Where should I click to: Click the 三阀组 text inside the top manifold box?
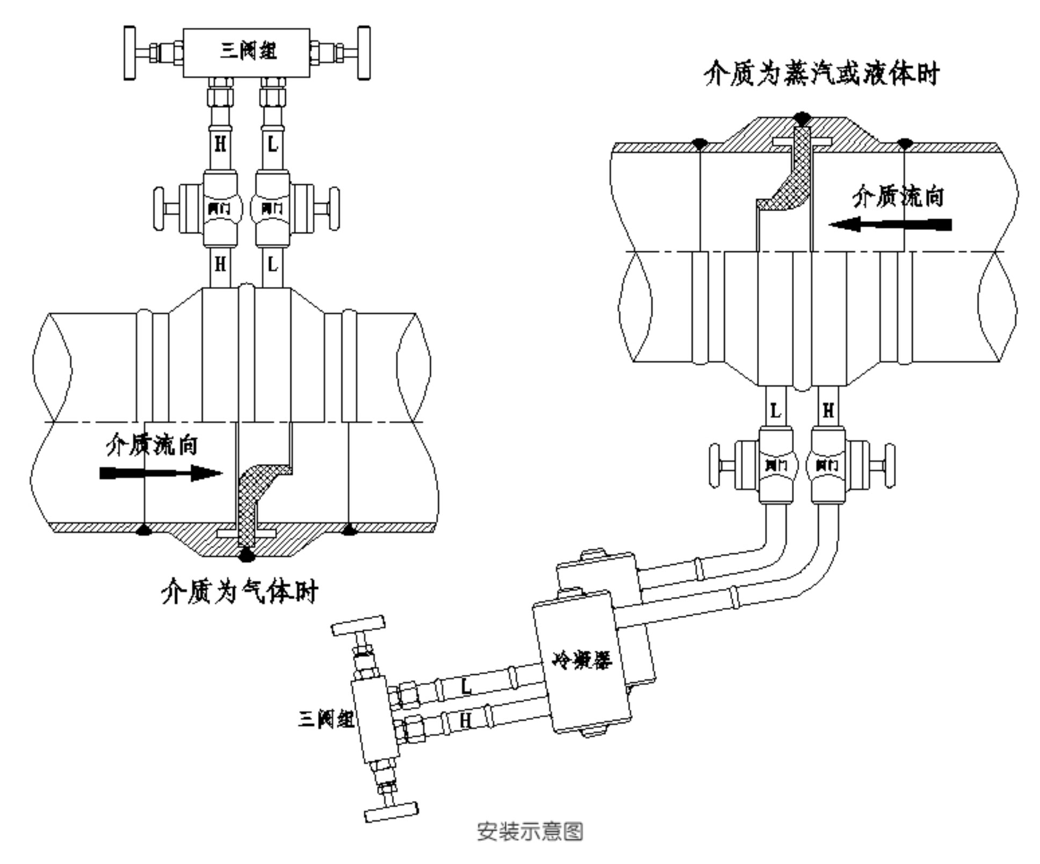click(x=248, y=52)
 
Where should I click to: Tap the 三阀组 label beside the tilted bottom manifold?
click(x=326, y=718)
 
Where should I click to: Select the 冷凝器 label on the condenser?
click(x=582, y=660)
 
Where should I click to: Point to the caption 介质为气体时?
click(x=240, y=592)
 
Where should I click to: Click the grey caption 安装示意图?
click(x=530, y=831)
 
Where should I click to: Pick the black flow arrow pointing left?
click(x=890, y=224)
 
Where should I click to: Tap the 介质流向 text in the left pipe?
click(x=152, y=444)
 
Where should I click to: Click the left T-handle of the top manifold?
click(x=129, y=53)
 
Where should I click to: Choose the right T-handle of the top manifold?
click(x=364, y=53)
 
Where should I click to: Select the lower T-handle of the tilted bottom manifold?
click(x=391, y=811)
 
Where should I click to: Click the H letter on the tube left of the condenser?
click(x=465, y=721)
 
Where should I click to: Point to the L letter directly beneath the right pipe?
click(x=775, y=411)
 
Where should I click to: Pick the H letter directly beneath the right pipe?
click(x=828, y=411)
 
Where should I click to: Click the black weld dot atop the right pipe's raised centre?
click(x=802, y=117)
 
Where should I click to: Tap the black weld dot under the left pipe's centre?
click(x=247, y=555)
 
